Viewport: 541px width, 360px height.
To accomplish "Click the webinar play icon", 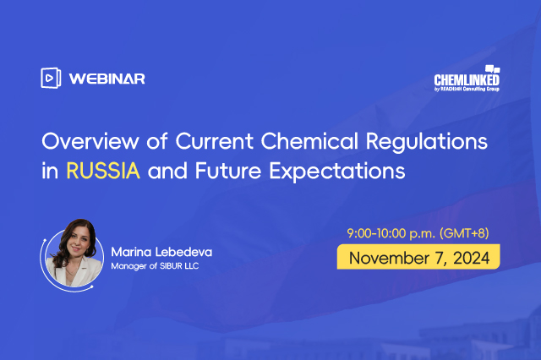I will (x=50, y=78).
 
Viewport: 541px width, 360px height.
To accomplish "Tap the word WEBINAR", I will (x=107, y=79).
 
